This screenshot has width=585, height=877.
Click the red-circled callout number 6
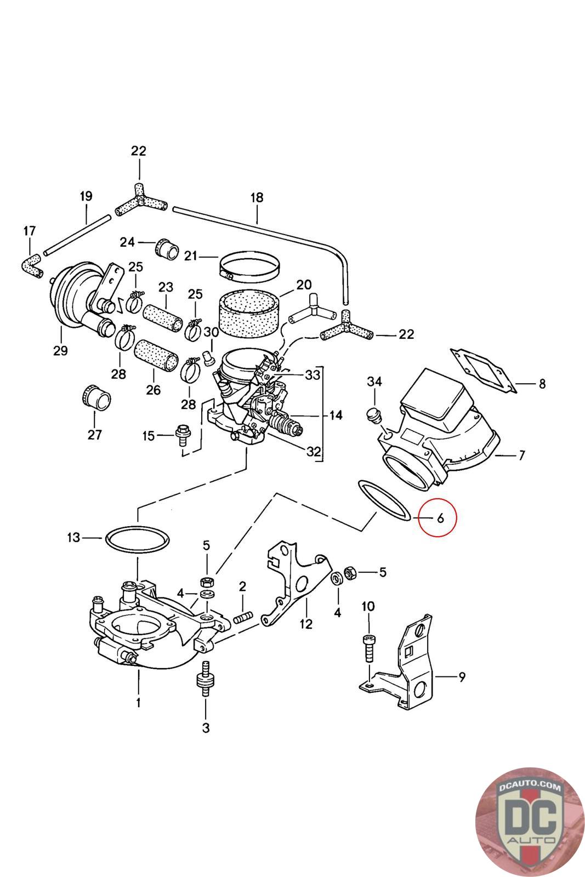click(x=439, y=517)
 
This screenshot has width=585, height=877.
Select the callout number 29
click(x=60, y=350)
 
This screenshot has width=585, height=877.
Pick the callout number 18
click(x=257, y=197)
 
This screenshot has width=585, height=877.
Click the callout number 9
click(x=461, y=677)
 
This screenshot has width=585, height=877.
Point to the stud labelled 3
click(x=206, y=679)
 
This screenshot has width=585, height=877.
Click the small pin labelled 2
click(x=243, y=617)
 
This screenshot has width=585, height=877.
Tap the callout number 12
click(x=305, y=624)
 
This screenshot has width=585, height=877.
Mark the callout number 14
click(x=336, y=415)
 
